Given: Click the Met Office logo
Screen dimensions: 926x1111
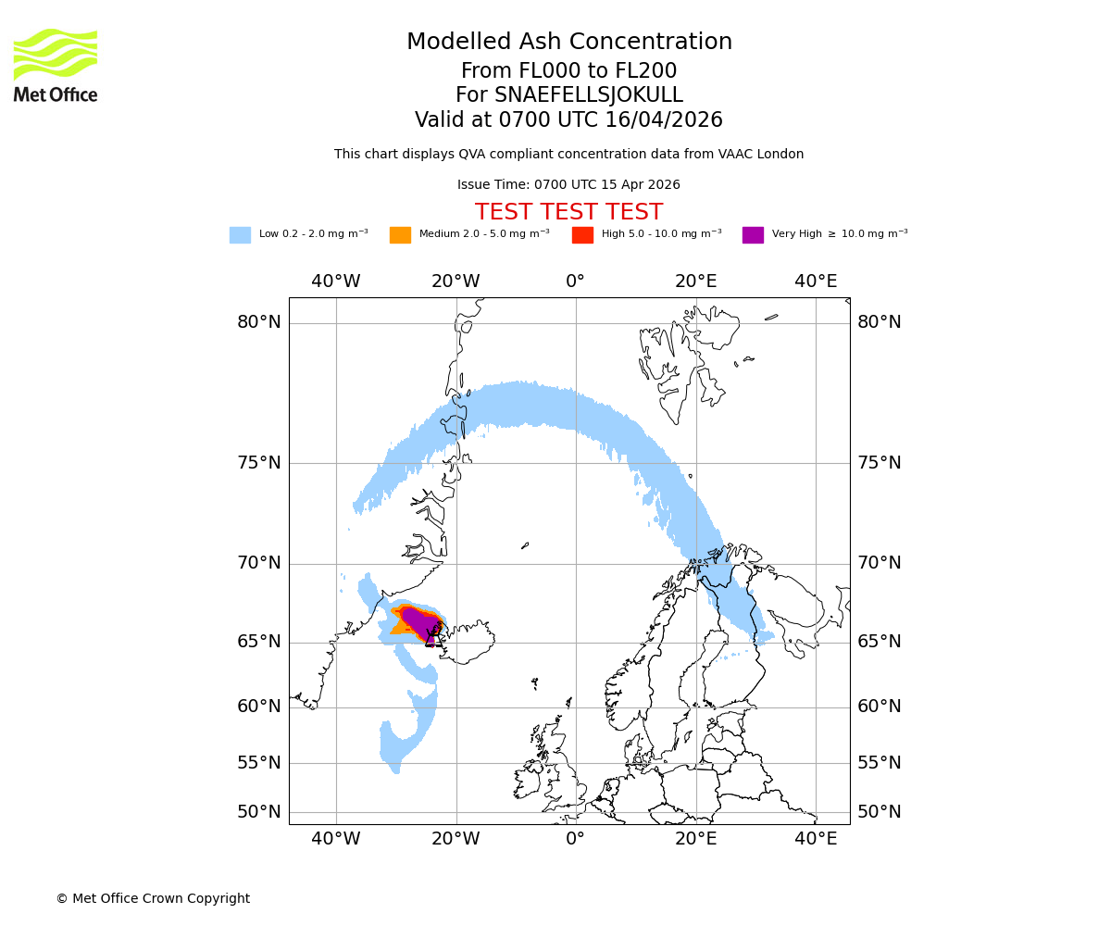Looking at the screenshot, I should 56,65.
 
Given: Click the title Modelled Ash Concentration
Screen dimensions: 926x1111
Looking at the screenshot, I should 568,43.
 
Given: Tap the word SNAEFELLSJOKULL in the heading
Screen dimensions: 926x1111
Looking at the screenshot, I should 589,95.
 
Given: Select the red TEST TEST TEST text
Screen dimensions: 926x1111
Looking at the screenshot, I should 568,212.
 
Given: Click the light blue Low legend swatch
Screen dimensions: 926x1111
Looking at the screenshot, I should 240,235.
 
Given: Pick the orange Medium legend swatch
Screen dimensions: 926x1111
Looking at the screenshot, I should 400,235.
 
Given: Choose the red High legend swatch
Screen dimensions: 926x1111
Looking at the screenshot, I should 582,235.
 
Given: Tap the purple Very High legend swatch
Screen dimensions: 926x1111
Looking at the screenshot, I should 753,235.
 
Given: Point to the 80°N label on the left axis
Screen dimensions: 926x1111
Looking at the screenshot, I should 258,322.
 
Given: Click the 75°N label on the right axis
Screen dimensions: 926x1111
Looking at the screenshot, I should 879,463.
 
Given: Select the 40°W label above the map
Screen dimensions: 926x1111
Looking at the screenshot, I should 335,282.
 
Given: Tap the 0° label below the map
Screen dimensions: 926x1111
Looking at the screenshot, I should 575,839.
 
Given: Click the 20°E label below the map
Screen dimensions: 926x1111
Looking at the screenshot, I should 695,839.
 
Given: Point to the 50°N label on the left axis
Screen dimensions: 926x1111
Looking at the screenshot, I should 258,812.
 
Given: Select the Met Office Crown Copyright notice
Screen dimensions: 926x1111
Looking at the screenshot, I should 153,898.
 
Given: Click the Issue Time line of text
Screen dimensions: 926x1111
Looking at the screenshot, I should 568,185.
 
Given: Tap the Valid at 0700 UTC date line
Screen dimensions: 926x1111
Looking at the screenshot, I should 568,120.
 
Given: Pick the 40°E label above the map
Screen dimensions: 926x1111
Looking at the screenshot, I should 816,282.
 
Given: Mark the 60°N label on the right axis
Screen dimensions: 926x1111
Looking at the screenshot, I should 879,707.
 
